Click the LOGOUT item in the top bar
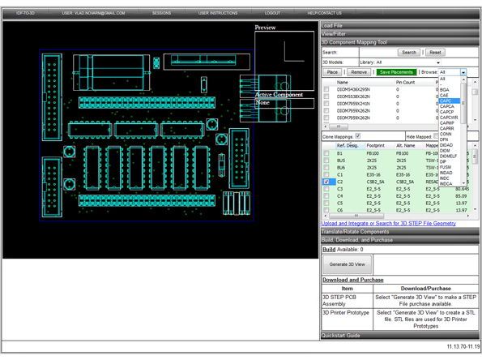[272, 13]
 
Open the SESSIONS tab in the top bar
[161, 13]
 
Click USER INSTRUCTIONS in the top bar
[218, 13]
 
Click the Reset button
[435, 52]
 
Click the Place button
[332, 72]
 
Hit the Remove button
[358, 72]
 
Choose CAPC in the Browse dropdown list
[448, 101]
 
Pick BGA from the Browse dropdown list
[445, 90]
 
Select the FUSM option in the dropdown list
[446, 167]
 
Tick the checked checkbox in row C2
[326, 182]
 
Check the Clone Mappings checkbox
[357, 136]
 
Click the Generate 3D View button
[347, 264]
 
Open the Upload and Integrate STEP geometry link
[388, 223]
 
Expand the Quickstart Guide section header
[340, 335]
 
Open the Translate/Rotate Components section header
[355, 232]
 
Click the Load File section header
[332, 25]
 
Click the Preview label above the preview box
[265, 28]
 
